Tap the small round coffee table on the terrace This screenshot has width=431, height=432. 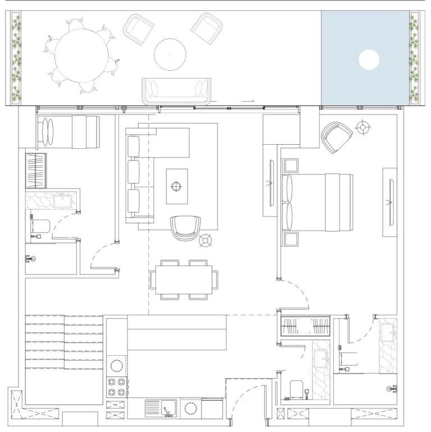(x=169, y=54)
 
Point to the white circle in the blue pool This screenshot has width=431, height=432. (x=368, y=59)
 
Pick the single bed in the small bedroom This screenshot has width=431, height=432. (x=68, y=132)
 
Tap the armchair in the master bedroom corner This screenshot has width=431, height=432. (x=336, y=137)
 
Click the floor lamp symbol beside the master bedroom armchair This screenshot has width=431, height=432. (x=364, y=128)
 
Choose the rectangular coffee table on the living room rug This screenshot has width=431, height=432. (x=177, y=186)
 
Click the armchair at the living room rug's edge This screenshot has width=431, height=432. (x=185, y=228)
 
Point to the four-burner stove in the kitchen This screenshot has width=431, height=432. (x=117, y=386)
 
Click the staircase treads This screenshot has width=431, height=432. (x=65, y=342)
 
